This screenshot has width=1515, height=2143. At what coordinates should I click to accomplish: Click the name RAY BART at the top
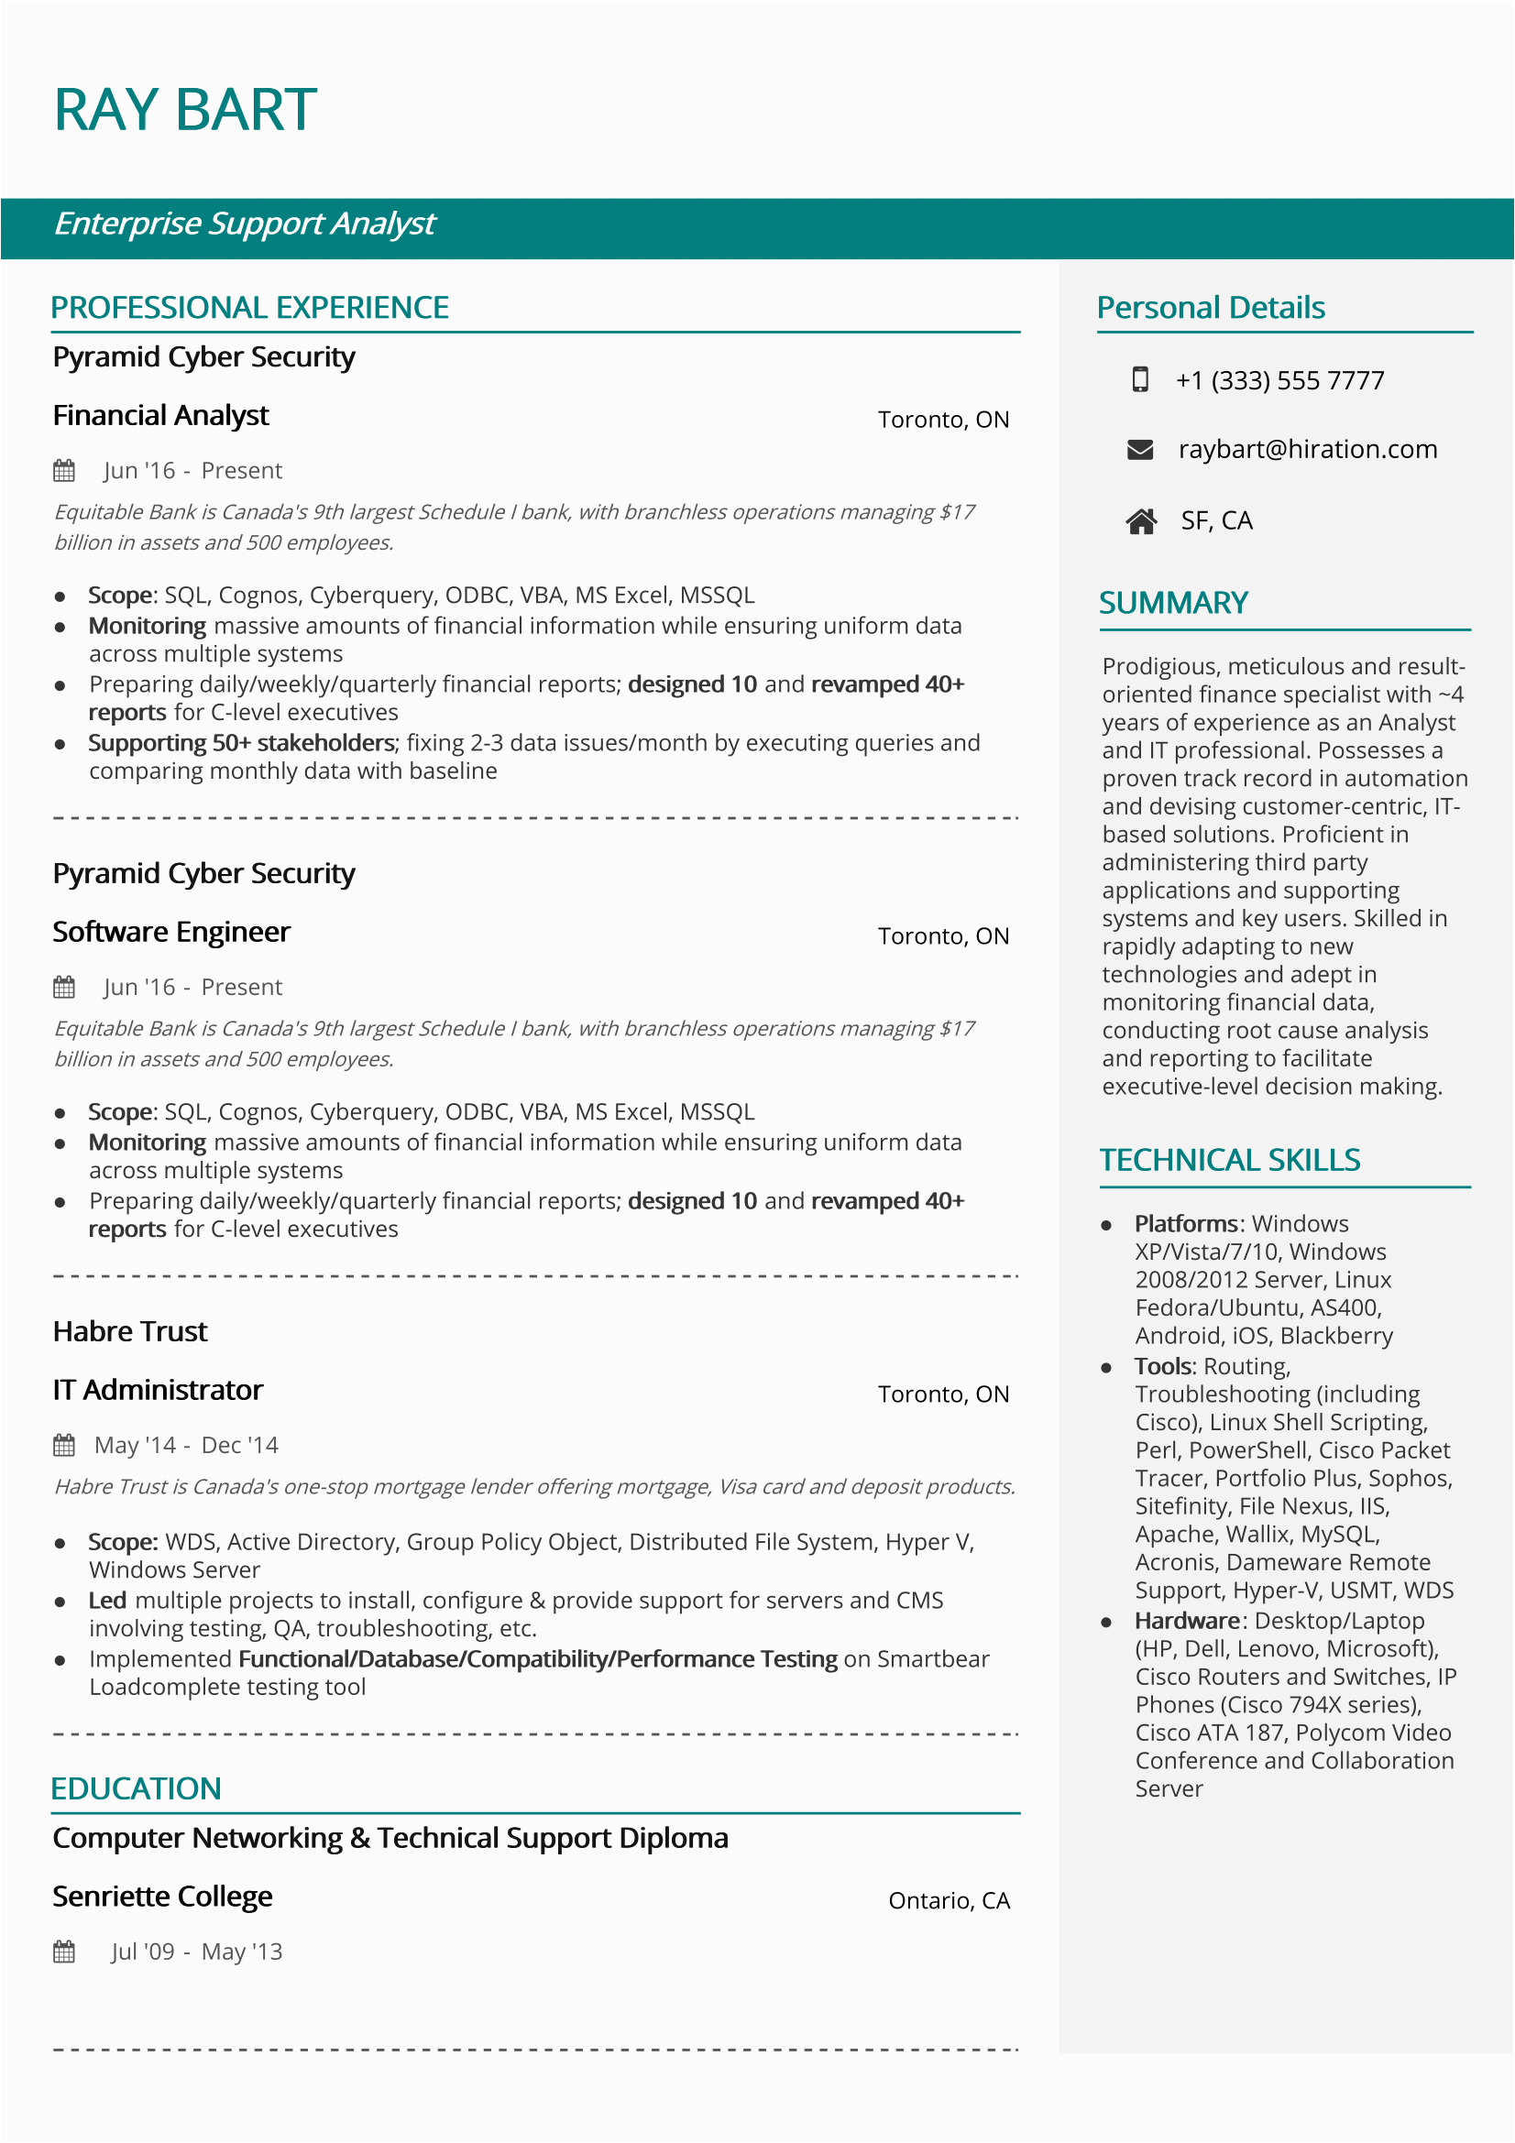point(185,110)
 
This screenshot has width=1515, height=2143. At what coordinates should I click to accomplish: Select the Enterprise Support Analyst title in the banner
point(245,224)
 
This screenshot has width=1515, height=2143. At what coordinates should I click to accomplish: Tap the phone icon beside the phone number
point(1140,379)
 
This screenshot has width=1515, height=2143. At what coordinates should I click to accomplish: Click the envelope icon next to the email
point(1140,450)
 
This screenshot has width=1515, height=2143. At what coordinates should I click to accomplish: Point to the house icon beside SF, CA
point(1141,520)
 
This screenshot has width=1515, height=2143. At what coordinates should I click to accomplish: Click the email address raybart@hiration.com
point(1307,450)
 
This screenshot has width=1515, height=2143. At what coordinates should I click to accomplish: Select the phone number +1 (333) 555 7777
point(1279,381)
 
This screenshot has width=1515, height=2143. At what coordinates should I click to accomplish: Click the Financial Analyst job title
point(160,415)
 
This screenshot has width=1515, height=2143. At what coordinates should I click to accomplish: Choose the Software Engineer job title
point(171,932)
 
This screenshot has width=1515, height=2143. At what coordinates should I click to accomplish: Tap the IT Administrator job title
point(158,1390)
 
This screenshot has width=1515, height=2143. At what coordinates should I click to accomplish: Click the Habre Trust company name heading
point(130,1331)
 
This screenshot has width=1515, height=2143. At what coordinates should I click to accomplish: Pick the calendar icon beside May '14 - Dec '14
point(64,1445)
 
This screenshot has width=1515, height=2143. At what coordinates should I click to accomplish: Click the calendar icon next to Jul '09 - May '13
point(64,1951)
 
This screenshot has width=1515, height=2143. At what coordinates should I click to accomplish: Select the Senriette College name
point(162,1896)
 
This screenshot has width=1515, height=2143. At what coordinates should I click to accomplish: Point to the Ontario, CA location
point(949,1900)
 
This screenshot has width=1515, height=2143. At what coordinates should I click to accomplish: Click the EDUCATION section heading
point(137,1788)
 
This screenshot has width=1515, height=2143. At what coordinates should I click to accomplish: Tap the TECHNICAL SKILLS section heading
point(1229,1160)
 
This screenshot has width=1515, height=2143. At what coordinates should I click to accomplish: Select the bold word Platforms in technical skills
point(1185,1224)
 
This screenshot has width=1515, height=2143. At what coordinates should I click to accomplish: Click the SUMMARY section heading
point(1173,603)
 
